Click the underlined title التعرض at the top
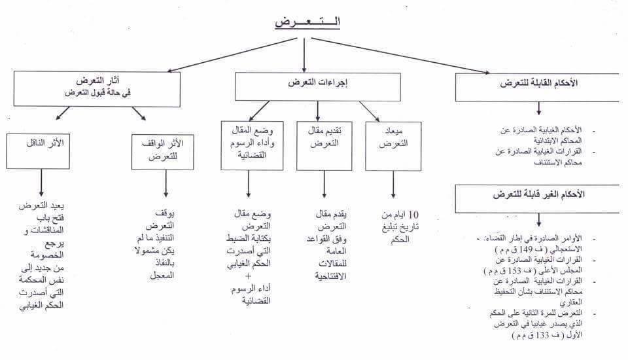(307, 22)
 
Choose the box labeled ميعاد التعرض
(393, 145)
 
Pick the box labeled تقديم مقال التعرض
(324, 145)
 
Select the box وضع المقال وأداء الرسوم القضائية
(252, 145)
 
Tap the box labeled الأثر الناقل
(41, 151)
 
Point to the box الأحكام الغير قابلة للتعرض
(538, 198)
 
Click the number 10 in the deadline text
(413, 215)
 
